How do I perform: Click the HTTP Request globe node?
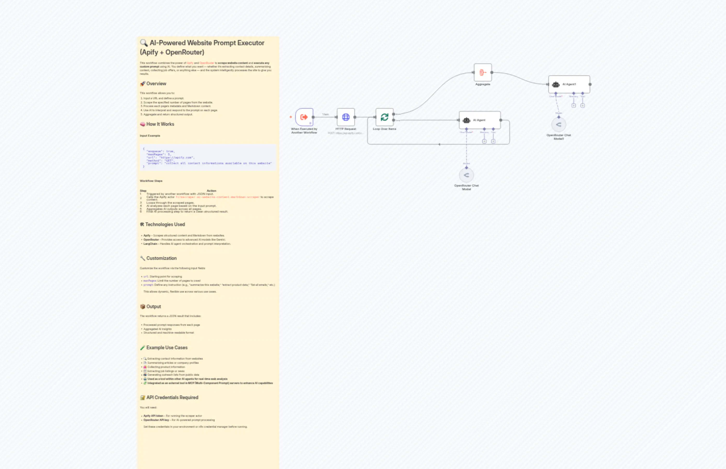coord(346,117)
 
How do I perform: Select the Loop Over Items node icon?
coord(384,117)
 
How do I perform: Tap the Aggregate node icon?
coord(483,72)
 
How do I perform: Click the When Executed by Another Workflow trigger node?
coord(304,117)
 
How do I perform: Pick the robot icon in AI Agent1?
coord(556,85)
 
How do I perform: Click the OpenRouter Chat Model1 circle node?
coord(558,124)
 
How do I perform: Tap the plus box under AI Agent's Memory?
coord(484,141)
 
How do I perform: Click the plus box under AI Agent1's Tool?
coord(582,106)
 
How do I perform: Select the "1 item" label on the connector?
coord(325,115)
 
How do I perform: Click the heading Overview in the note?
coord(156,84)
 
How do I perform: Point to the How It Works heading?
coord(160,124)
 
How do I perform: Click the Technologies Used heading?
coord(165,224)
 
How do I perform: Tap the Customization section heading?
coord(161,258)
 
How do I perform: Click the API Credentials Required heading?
coord(172,398)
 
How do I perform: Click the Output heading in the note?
coord(154,307)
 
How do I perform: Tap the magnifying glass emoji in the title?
coord(144,43)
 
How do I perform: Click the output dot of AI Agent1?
coord(590,84)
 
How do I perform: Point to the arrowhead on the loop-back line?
coord(439,144)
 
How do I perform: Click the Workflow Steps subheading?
coord(151,181)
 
